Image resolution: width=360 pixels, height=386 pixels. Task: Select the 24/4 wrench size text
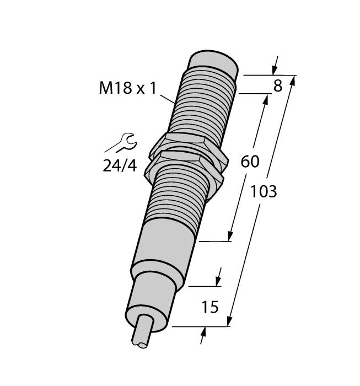tap(119, 165)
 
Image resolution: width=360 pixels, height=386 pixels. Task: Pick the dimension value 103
tap(264, 192)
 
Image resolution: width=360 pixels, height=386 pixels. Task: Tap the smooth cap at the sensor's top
tap(214, 62)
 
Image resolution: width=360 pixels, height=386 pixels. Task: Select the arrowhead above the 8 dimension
tap(274, 71)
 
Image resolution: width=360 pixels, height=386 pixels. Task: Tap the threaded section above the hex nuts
tap(204, 105)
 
